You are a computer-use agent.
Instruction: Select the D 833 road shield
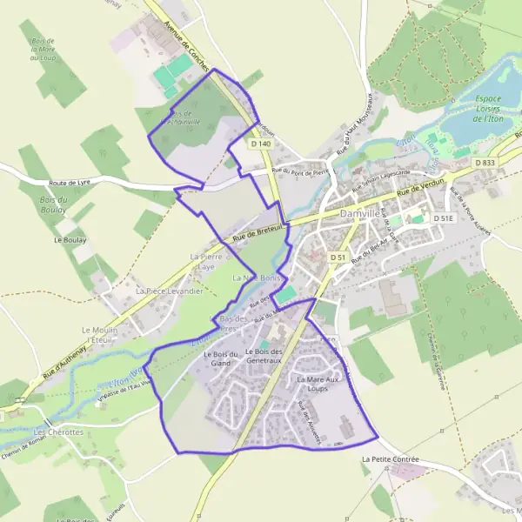485,163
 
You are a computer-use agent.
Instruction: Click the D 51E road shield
444,219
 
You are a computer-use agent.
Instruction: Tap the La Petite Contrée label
389,458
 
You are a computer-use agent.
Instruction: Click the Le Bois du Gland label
221,359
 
